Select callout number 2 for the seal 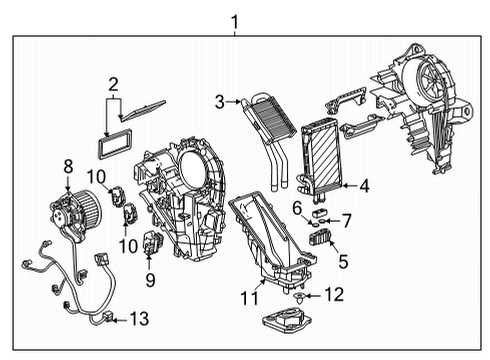[114, 84]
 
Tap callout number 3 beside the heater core [219, 100]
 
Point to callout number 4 [364, 185]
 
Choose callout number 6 [297, 206]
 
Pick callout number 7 [346, 218]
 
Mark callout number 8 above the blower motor [68, 166]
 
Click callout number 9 [149, 281]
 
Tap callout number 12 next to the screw [336, 295]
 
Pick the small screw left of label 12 [300, 296]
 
